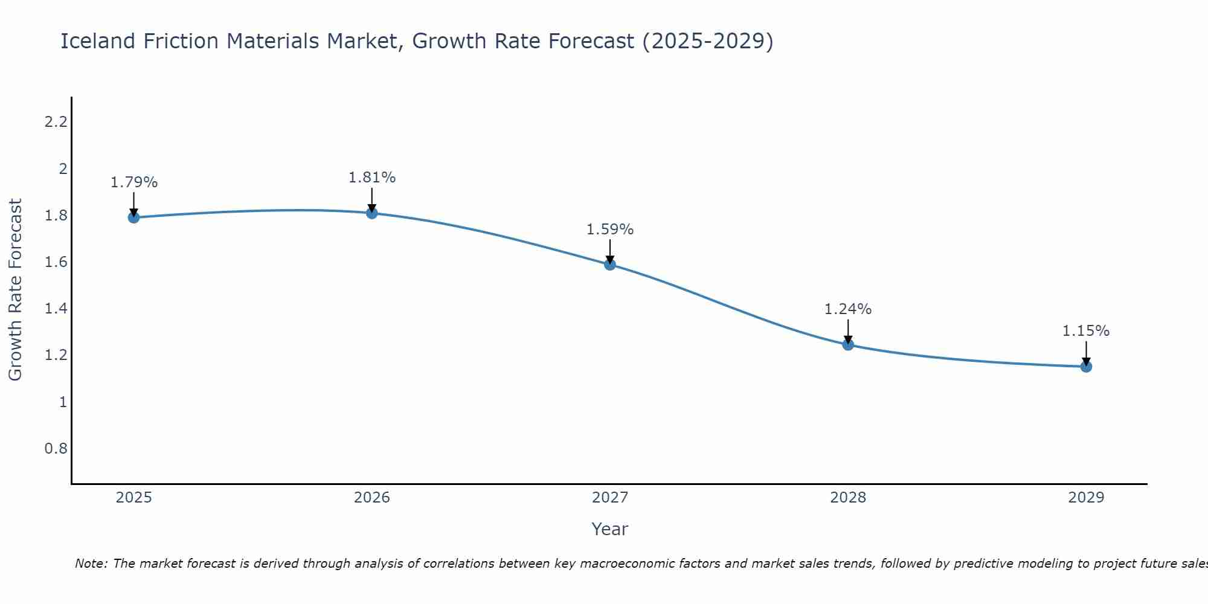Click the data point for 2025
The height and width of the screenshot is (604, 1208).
click(x=133, y=217)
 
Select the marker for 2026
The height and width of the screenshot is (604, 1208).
click(x=372, y=213)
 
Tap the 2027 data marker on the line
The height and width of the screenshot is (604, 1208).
click(x=610, y=264)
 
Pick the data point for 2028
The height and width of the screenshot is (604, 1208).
click(x=848, y=345)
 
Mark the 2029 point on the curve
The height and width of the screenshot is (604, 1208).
click(x=1086, y=366)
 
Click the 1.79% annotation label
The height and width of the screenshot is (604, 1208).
click(x=134, y=182)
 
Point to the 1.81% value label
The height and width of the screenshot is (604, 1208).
click(x=372, y=178)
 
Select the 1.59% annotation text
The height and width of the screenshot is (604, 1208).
click(x=610, y=230)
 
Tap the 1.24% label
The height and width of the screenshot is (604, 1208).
click(x=848, y=309)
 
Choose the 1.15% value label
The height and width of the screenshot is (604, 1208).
click(x=1086, y=331)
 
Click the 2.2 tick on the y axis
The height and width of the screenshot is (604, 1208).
click(x=56, y=122)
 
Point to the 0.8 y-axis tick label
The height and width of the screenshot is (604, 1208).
click(x=56, y=448)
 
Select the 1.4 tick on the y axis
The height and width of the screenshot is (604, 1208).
click(x=56, y=309)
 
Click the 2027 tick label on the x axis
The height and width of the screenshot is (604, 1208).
click(x=610, y=498)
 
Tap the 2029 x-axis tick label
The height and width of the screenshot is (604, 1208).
click(x=1086, y=498)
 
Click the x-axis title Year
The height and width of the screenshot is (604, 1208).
click(x=610, y=529)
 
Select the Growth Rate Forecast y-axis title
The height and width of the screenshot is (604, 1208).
click(x=16, y=290)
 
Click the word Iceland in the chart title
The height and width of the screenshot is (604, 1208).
click(x=98, y=41)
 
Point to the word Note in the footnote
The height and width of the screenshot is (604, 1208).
click(x=91, y=564)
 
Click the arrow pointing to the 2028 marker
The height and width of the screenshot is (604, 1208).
click(x=848, y=331)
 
